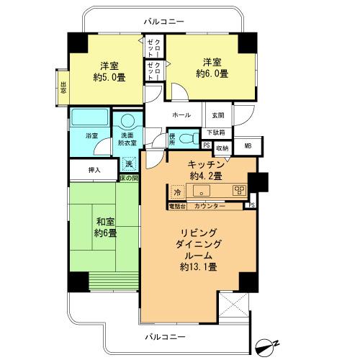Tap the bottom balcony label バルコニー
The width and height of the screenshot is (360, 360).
pyautogui.click(x=166, y=336)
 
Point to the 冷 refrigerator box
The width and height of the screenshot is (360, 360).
pyautogui.click(x=177, y=192)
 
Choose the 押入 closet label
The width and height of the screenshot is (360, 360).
pyautogui.click(x=94, y=171)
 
